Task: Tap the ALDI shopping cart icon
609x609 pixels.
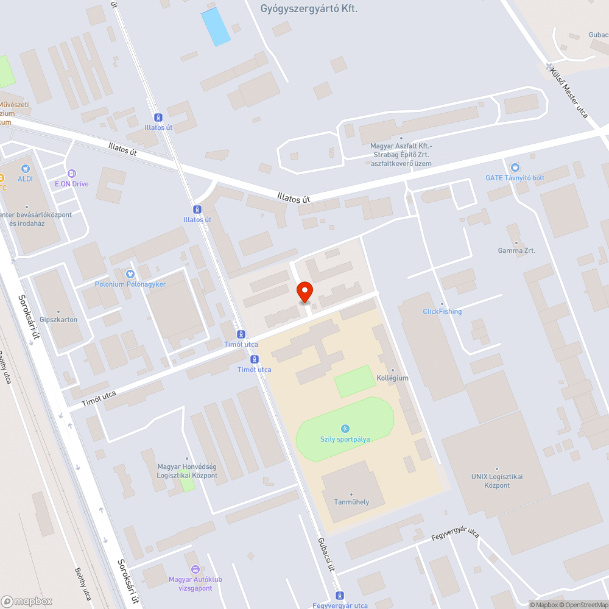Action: (x=25, y=167)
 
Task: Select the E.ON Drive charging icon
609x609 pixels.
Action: (x=72, y=174)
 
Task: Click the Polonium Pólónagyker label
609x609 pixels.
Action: (x=130, y=284)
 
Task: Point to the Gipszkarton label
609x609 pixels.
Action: (x=58, y=320)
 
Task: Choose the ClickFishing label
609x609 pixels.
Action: (x=442, y=311)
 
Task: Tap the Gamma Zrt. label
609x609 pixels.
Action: (x=516, y=250)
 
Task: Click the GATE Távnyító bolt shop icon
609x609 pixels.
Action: (x=515, y=167)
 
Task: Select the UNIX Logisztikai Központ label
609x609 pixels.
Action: (x=497, y=481)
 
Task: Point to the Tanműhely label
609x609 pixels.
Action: (x=351, y=502)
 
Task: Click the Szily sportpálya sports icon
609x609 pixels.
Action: (x=345, y=429)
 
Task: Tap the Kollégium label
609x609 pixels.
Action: (x=392, y=378)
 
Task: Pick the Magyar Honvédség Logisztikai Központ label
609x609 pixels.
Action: (x=187, y=471)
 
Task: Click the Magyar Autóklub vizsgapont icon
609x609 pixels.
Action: (x=195, y=569)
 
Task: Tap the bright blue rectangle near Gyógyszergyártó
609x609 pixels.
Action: (x=216, y=27)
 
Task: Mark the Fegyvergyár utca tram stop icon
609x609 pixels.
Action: (x=340, y=595)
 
